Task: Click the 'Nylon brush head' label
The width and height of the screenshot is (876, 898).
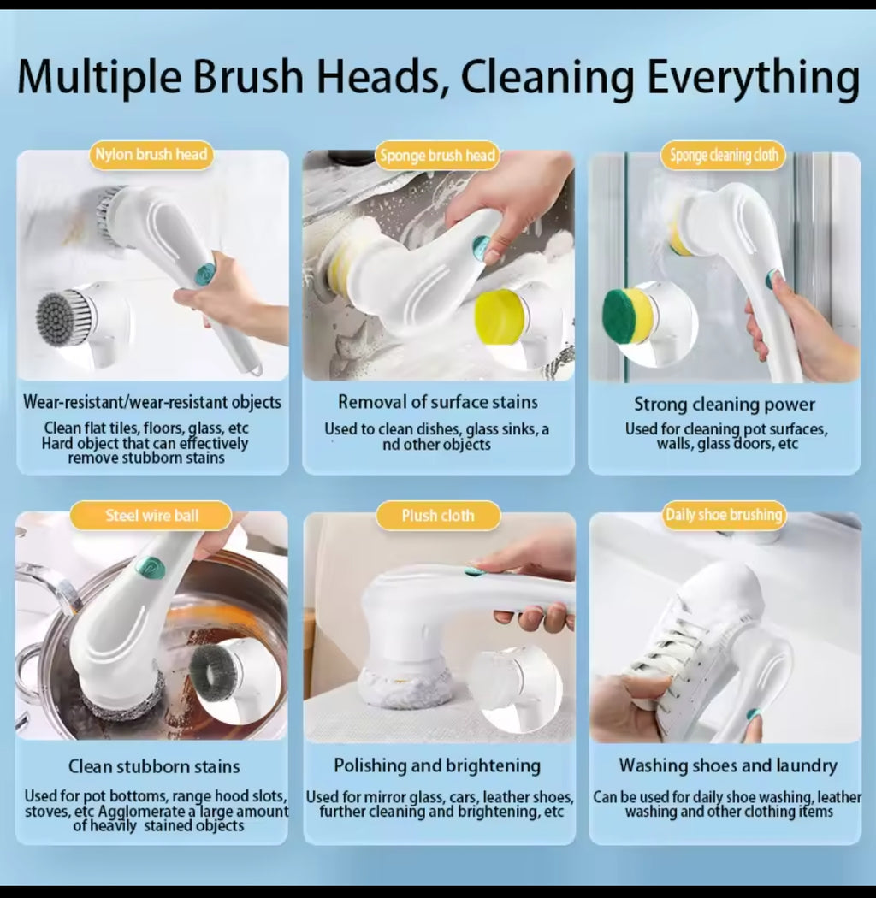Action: pyautogui.click(x=151, y=155)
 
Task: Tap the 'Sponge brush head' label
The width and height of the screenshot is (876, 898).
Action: pyautogui.click(x=437, y=156)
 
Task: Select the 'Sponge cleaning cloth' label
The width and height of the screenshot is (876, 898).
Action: pyautogui.click(x=724, y=155)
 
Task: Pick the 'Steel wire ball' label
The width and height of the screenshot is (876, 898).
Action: pyautogui.click(x=151, y=516)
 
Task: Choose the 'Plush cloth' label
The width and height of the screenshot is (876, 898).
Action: pyautogui.click(x=437, y=516)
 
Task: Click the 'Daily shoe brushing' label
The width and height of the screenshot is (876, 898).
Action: pyautogui.click(x=724, y=515)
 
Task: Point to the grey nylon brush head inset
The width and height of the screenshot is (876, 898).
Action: pyautogui.click(x=64, y=318)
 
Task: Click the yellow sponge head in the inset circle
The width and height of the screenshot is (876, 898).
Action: pyautogui.click(x=500, y=317)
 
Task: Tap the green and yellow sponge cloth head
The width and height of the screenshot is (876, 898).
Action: pyautogui.click(x=628, y=316)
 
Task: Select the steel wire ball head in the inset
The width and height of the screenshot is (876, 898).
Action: pyautogui.click(x=216, y=672)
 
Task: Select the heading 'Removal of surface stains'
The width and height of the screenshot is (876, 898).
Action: pyautogui.click(x=437, y=402)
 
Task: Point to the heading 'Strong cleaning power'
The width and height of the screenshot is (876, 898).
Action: pyautogui.click(x=724, y=404)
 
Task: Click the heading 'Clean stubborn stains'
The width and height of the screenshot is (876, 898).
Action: pyautogui.click(x=154, y=766)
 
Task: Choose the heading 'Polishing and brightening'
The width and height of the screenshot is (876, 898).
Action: pyautogui.click(x=437, y=765)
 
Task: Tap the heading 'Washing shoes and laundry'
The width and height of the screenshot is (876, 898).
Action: pyautogui.click(x=728, y=765)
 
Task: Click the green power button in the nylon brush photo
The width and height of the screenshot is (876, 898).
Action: pyautogui.click(x=204, y=274)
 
